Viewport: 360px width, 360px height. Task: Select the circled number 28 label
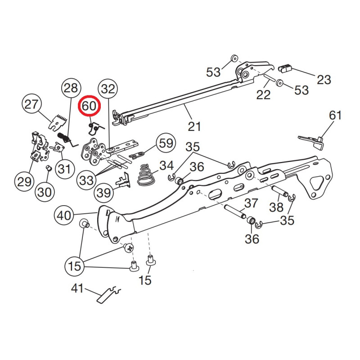(x=71, y=88)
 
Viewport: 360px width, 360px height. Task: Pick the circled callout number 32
(x=108, y=89)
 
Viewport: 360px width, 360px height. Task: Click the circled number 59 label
(x=166, y=144)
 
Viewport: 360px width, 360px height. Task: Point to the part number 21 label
(x=194, y=126)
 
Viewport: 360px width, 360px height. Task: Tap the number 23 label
(x=324, y=80)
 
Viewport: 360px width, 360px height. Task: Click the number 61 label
(x=335, y=115)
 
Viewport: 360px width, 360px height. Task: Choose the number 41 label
(x=77, y=288)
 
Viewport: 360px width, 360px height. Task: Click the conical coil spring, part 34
(x=144, y=175)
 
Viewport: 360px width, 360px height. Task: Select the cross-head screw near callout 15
(x=128, y=247)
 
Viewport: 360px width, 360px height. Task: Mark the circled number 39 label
(x=103, y=193)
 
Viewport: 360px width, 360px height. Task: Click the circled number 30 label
(x=45, y=192)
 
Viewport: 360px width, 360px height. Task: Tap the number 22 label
(x=263, y=94)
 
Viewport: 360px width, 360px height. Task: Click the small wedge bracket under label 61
(x=313, y=140)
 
